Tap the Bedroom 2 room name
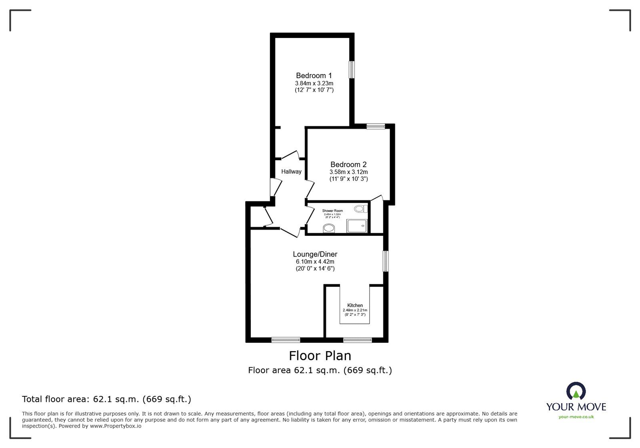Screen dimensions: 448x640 (348, 165)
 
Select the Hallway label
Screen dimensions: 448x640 (291, 172)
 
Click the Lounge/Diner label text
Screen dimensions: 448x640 (315, 254)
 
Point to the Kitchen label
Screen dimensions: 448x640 (355, 305)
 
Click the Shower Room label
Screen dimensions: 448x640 (332, 211)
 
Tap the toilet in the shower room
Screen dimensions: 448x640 (360, 209)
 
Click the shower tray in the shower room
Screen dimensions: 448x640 (356, 226)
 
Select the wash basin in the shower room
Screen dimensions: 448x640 (329, 228)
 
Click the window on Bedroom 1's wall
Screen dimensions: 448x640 (352, 69)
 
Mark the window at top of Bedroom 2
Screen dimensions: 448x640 (376, 127)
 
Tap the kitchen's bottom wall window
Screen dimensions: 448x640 (357, 340)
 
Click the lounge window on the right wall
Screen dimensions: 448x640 (385, 261)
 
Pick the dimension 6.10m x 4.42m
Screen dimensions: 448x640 (315, 262)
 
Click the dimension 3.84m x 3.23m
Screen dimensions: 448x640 (314, 83)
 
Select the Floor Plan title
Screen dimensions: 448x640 (320, 356)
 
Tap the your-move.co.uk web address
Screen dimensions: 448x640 (576, 417)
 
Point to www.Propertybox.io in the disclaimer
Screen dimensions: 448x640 (115, 426)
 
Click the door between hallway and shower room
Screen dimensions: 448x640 (310, 215)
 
